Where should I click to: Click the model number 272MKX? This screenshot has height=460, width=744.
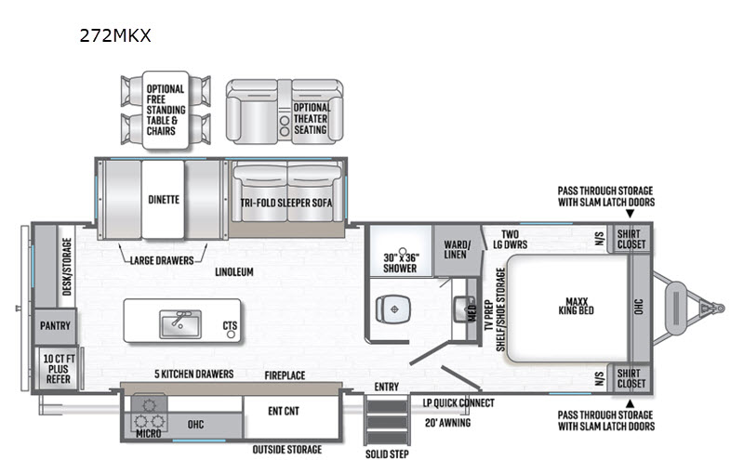(115, 35)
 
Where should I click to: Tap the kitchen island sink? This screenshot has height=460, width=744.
(180, 324)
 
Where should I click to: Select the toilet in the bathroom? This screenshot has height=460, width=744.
(393, 309)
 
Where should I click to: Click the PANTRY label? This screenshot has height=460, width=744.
(55, 326)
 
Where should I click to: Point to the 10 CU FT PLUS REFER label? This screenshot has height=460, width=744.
(59, 369)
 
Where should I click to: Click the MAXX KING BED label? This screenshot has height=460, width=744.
(577, 306)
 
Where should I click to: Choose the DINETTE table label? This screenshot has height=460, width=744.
(164, 200)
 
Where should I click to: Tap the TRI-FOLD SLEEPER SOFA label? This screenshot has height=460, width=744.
(286, 203)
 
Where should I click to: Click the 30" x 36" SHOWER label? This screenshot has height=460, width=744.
(401, 263)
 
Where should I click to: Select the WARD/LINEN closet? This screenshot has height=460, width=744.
(457, 250)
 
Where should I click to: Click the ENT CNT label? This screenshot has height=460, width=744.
(284, 411)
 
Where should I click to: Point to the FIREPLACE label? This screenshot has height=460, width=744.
(285, 375)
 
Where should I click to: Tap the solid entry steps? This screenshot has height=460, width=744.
(388, 421)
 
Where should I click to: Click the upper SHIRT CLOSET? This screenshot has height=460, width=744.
(631, 239)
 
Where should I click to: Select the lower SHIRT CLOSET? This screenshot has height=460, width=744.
(631, 378)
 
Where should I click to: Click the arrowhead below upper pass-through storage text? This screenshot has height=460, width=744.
(631, 214)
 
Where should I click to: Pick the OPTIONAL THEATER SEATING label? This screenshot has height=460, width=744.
(311, 119)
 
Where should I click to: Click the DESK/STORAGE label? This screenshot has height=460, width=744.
(67, 267)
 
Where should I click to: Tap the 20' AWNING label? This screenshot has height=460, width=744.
(447, 423)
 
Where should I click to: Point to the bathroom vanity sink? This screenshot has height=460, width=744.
(461, 309)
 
